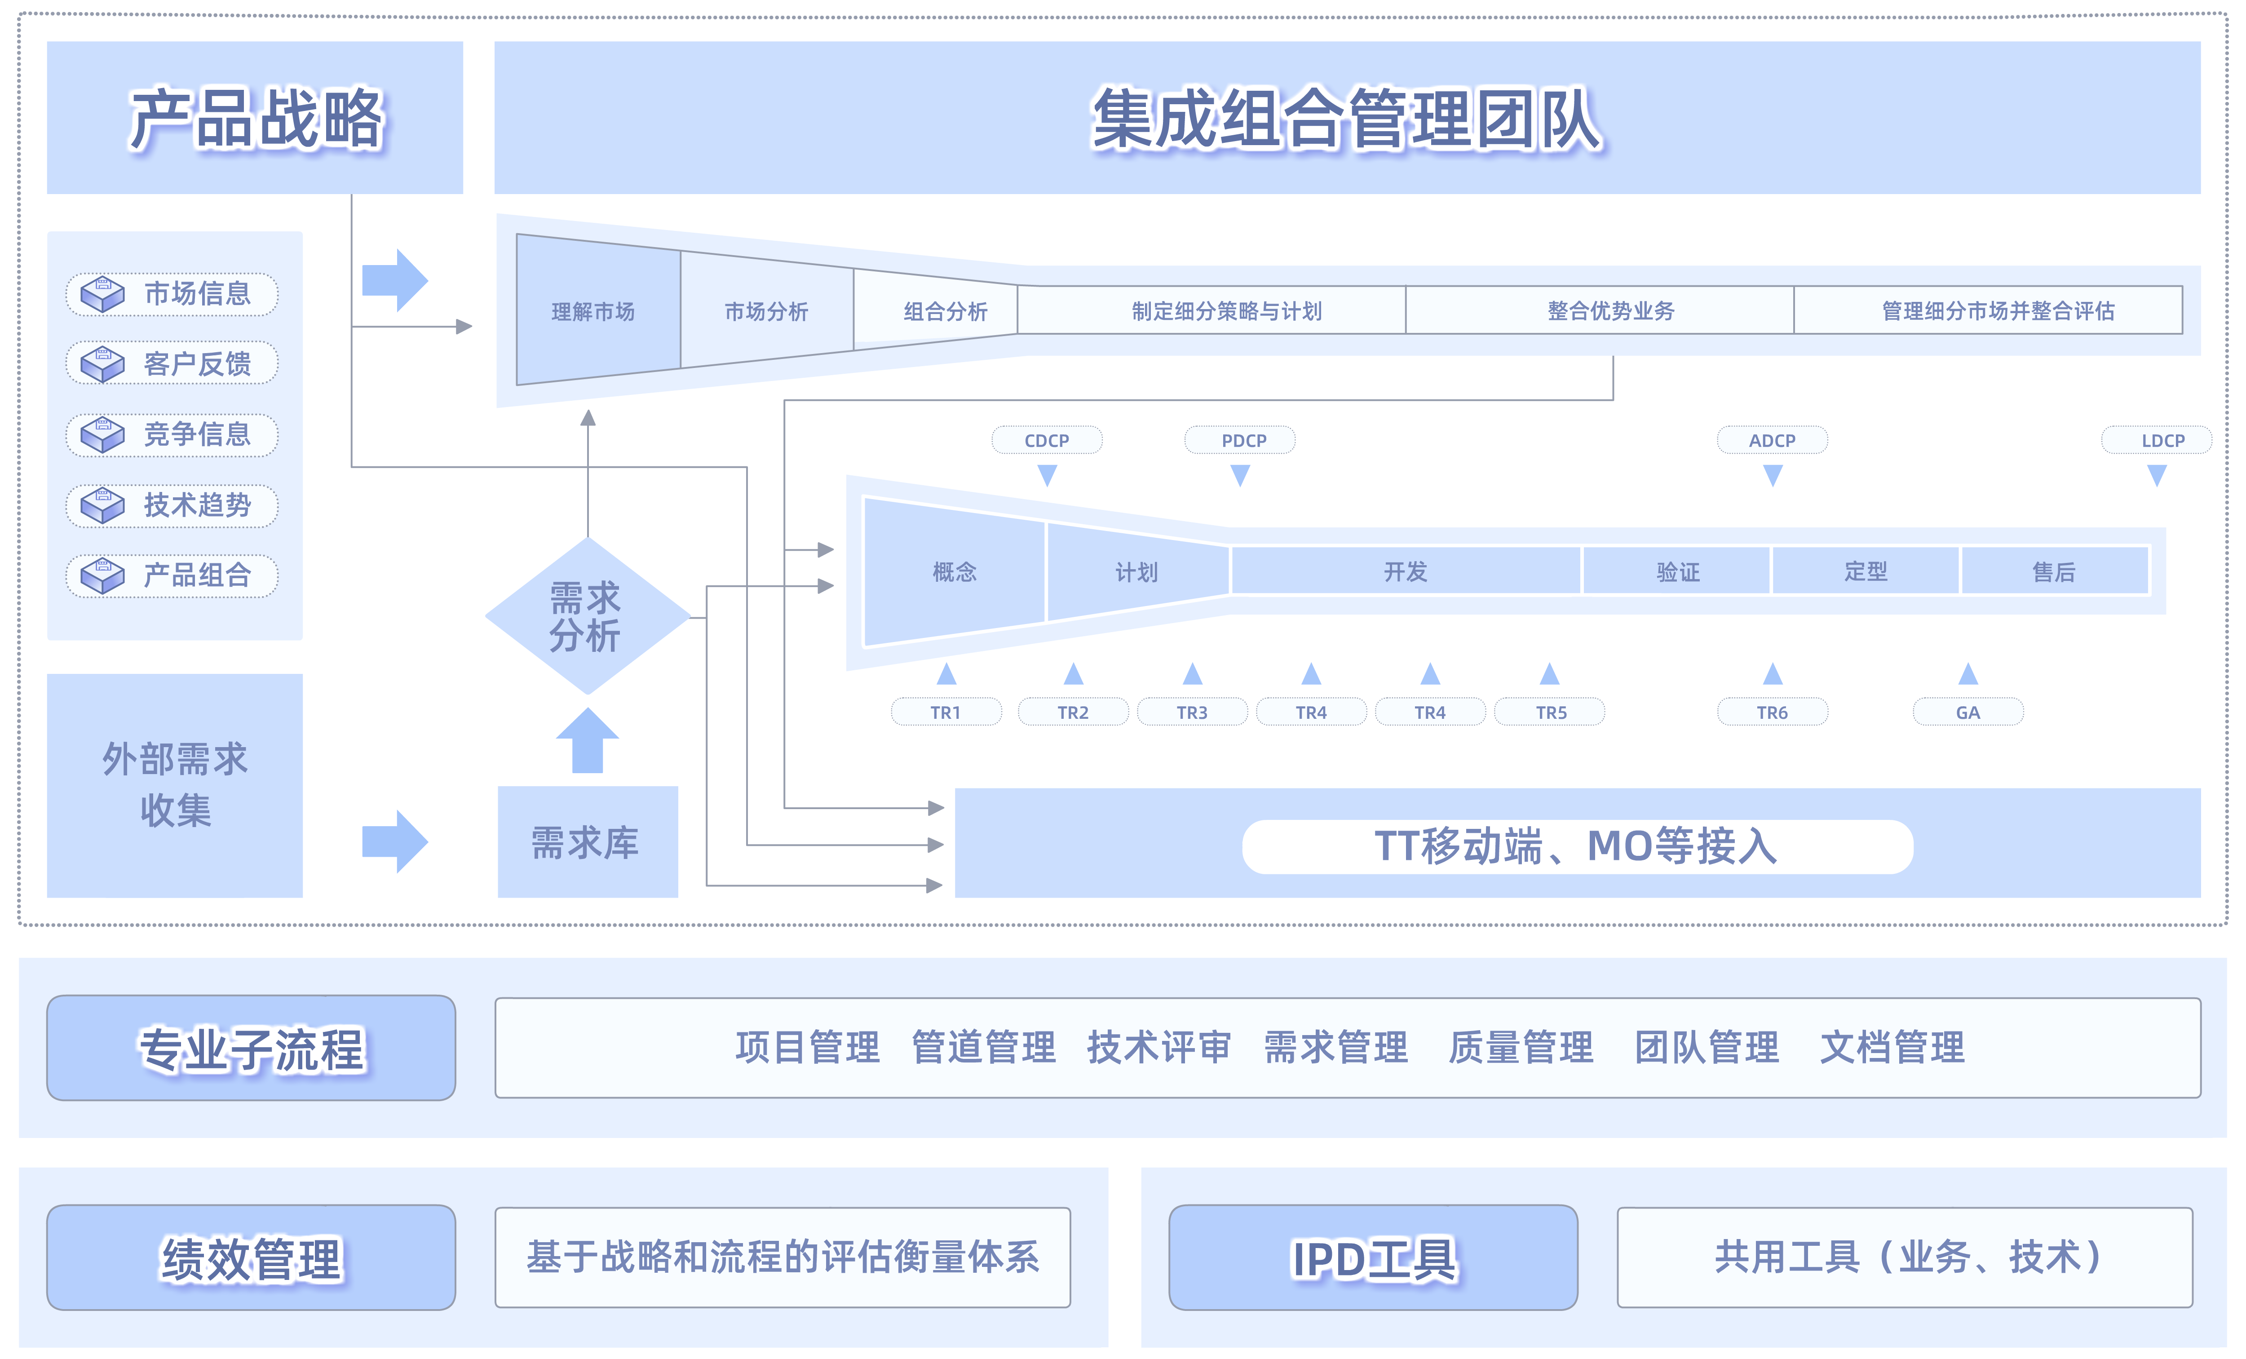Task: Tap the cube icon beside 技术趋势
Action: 102,505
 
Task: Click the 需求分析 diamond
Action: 587,616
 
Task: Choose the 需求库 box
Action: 587,842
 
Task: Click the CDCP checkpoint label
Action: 1047,440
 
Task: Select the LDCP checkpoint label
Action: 2162,440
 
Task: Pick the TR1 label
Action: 945,712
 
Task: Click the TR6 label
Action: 1772,712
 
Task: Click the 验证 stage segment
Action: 1677,571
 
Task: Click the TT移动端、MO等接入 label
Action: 1576,846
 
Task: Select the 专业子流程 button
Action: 251,1048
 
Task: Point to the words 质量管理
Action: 1521,1047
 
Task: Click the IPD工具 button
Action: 1373,1258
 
